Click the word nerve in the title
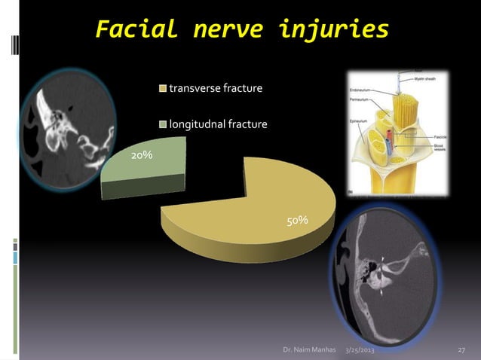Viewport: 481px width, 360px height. tap(225, 31)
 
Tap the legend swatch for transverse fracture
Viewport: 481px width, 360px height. tap(162, 90)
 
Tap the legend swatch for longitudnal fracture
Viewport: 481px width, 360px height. tap(162, 124)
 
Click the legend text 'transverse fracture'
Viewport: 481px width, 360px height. tap(216, 90)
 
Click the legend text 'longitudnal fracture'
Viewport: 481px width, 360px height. tap(218, 124)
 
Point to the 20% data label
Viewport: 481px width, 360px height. tap(141, 155)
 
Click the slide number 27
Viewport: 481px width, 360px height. tap(462, 351)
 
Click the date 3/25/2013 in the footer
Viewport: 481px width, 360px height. tap(363, 351)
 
